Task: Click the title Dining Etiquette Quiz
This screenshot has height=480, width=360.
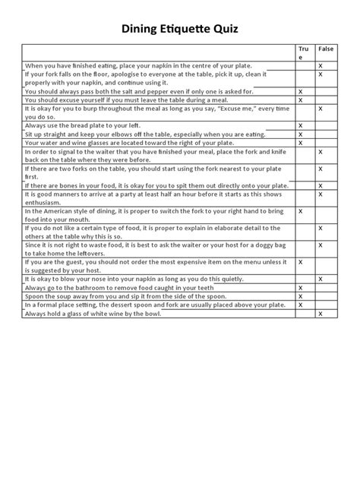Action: (180, 30)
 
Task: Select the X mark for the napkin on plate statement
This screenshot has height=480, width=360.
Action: (321, 66)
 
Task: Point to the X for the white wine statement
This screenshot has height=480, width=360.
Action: (321, 313)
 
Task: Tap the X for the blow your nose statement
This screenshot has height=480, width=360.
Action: (321, 279)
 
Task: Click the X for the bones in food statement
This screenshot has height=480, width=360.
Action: (321, 185)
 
